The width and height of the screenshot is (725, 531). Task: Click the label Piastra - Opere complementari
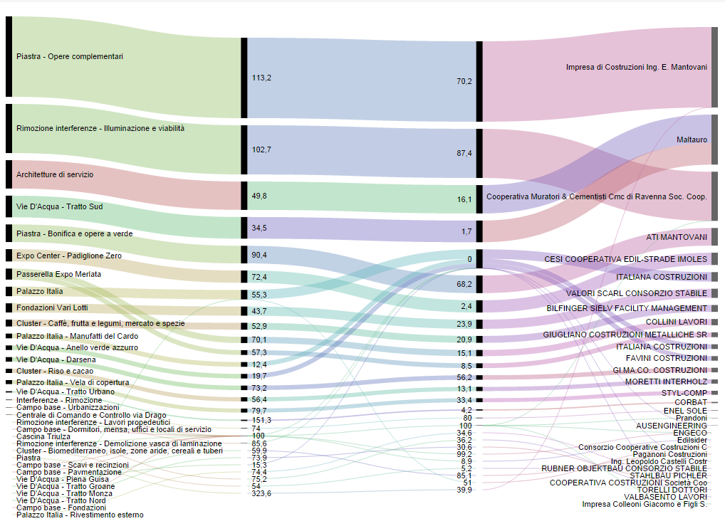70,56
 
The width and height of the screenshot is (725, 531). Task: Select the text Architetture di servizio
55,174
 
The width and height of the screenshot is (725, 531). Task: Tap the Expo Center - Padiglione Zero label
68,255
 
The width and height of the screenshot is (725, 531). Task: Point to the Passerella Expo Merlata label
58,274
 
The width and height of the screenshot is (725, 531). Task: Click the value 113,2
261,77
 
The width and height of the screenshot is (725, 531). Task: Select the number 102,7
261,149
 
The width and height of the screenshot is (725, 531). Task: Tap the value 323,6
261,493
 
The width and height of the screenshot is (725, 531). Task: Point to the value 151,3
261,420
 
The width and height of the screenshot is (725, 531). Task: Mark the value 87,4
463,153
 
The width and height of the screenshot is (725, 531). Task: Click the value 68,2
464,284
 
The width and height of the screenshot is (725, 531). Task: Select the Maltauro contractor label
692,140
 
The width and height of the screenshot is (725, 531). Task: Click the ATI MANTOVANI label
677,237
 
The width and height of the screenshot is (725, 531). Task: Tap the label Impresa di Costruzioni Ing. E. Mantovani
637,67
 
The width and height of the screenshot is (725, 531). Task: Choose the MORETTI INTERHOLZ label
667,382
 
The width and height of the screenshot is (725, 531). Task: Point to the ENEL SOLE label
685,411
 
